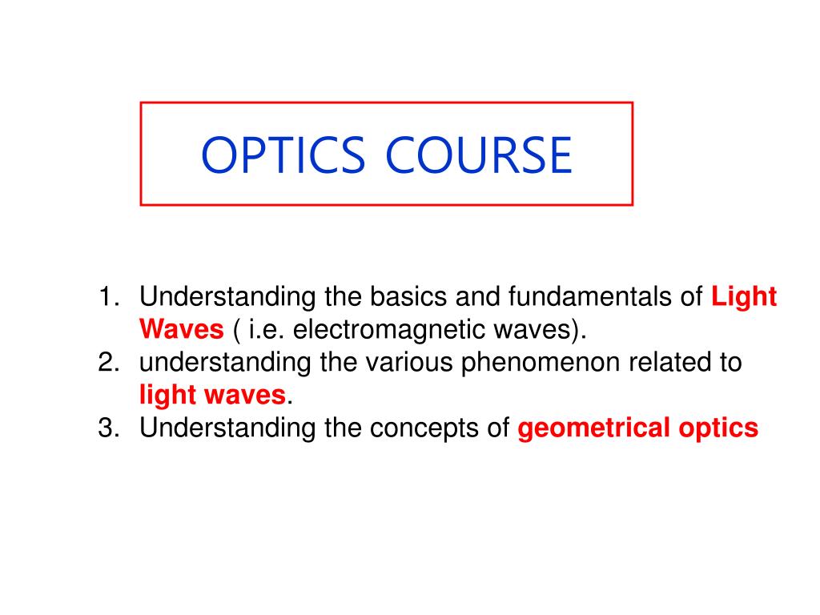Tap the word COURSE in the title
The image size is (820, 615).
click(x=479, y=155)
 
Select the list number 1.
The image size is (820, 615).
click(x=109, y=298)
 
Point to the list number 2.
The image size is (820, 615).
click(x=109, y=363)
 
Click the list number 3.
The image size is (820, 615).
click(x=109, y=428)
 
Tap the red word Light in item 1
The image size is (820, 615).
click(x=744, y=298)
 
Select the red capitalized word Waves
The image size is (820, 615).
click(x=181, y=330)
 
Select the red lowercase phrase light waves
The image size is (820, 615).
click(x=212, y=395)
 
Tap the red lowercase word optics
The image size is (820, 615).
click(x=718, y=428)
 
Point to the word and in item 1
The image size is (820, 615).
click(x=478, y=298)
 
